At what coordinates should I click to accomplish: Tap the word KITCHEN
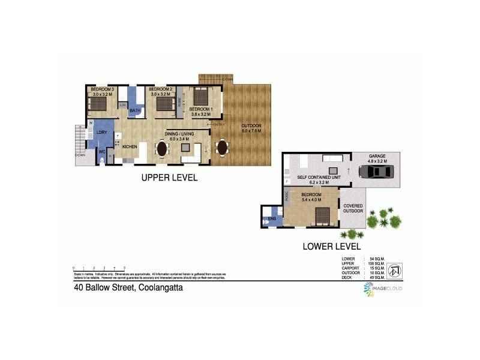click(x=130, y=146)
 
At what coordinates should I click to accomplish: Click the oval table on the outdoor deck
click(x=222, y=147)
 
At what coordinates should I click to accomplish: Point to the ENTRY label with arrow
click(x=218, y=124)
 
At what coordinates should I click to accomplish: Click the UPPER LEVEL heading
click(x=169, y=178)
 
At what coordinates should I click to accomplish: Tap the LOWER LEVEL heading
click(x=332, y=246)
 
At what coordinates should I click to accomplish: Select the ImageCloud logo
click(x=383, y=289)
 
